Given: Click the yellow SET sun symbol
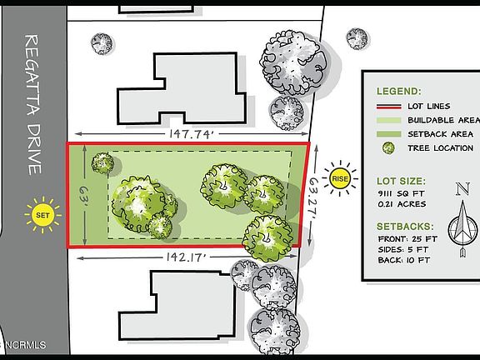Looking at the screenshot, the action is [42, 215].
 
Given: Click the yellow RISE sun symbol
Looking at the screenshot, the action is [340, 178].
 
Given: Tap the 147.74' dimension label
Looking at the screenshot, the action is [191, 134].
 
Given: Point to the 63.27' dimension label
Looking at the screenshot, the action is [313, 197].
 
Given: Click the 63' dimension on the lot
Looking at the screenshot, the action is [83, 196].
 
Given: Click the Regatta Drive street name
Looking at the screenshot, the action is [32, 105].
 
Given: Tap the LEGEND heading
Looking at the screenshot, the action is [399, 91].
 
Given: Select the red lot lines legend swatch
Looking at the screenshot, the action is [389, 107].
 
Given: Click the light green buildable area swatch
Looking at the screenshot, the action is [389, 120].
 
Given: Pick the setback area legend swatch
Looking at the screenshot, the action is [389, 134].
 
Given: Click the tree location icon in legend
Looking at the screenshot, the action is [388, 148].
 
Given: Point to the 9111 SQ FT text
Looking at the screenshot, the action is [401, 194].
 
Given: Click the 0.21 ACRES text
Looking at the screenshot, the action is [402, 204].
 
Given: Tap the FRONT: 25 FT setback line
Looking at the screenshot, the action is [407, 239].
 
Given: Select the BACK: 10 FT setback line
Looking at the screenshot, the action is [404, 260].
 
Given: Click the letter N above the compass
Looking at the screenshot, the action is [462, 189].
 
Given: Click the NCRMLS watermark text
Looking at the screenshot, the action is [25, 345].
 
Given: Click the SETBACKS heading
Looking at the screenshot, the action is [405, 227].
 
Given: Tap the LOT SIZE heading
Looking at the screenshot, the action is [401, 181].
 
